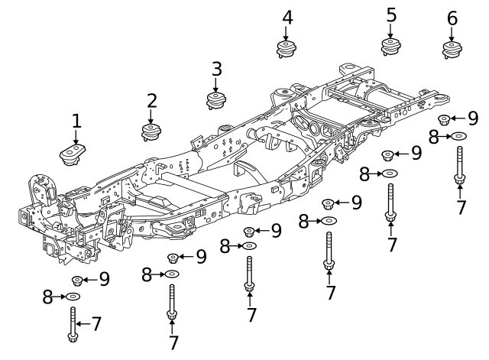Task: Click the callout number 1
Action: tap(76, 121)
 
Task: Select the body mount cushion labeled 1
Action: tap(73, 154)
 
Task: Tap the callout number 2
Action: tap(152, 100)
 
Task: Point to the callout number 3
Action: tap(216, 69)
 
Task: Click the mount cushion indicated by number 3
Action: tap(217, 100)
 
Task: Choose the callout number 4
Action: tap(287, 17)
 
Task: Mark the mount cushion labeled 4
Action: tap(287, 49)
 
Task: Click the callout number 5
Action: tap(391, 15)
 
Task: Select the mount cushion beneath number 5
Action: tap(391, 47)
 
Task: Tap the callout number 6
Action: tap(452, 18)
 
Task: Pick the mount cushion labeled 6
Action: tap(452, 50)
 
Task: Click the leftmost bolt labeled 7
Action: tap(73, 324)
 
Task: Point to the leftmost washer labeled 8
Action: tap(73, 297)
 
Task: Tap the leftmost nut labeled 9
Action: tap(77, 281)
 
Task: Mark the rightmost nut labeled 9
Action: tap(444, 118)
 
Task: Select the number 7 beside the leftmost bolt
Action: tap(96, 323)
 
